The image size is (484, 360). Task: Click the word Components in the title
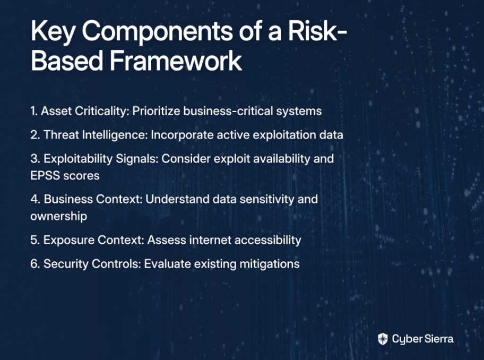(x=157, y=31)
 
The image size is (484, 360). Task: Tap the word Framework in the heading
(x=176, y=61)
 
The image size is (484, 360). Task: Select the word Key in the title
(x=53, y=32)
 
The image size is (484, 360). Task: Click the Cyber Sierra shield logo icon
(x=383, y=339)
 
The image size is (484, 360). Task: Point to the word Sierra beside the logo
(x=439, y=339)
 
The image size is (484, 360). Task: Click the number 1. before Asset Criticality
(x=34, y=111)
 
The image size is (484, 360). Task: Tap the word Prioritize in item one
(x=156, y=111)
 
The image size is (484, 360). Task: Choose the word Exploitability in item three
(x=78, y=159)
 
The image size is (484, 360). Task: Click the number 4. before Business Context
(x=35, y=200)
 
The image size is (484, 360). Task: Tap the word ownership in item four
(x=59, y=217)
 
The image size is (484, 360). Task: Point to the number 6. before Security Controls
(x=35, y=264)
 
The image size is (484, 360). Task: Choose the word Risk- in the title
(x=317, y=31)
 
